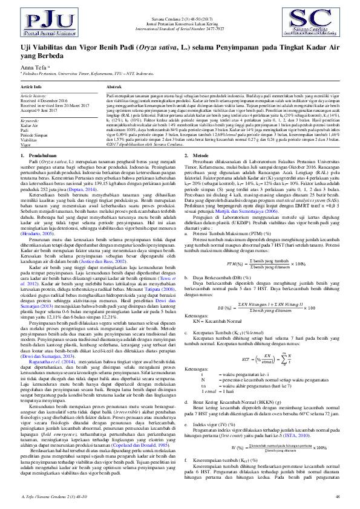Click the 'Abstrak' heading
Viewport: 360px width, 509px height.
114,87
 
